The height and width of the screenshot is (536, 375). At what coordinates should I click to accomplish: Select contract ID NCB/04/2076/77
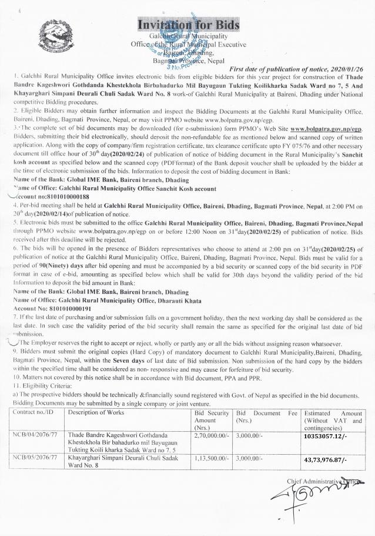38,434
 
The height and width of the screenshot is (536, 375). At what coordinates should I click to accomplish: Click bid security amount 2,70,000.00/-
211,434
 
